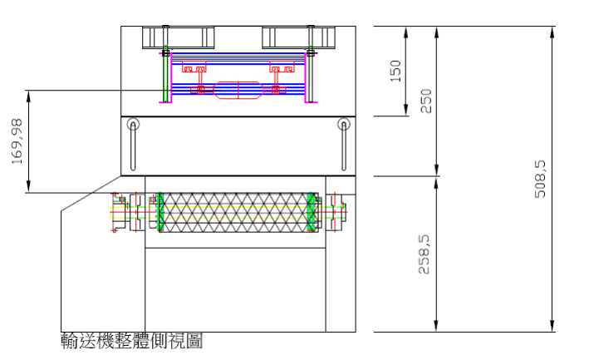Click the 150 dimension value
click(x=396, y=71)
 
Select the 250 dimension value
click(x=426, y=101)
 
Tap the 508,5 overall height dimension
click(x=540, y=179)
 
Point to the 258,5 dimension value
click(x=424, y=254)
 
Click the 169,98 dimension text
click(x=17, y=141)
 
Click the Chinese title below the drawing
click(x=132, y=341)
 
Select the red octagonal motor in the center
click(x=238, y=90)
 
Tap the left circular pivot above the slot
click(x=133, y=124)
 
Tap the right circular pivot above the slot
click(x=344, y=124)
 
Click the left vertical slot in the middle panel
click(x=133, y=146)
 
